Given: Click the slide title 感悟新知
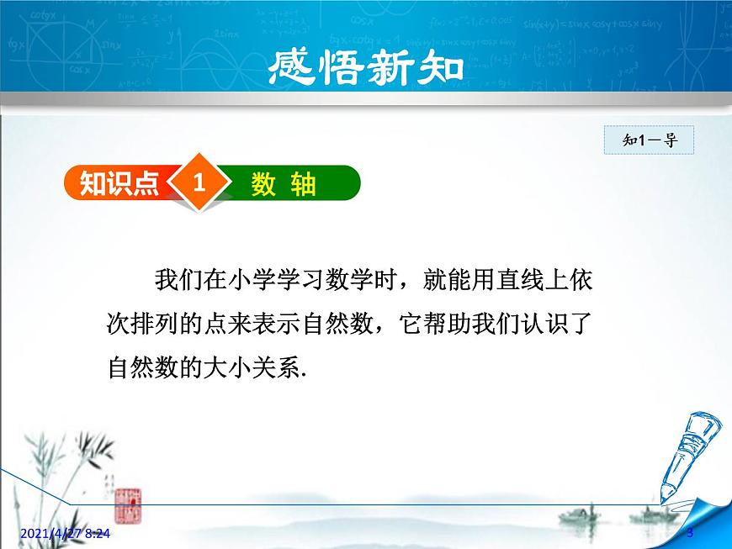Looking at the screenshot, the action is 366,67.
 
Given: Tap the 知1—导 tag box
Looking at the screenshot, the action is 649,140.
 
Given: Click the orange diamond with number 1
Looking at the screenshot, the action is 199,182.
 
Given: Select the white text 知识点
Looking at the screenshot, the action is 119,182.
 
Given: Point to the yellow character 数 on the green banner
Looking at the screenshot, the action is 263,184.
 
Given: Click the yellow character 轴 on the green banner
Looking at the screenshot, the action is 304,184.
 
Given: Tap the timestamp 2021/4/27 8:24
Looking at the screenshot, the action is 66,533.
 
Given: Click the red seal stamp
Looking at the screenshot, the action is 128,505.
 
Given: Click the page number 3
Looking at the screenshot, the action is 690,533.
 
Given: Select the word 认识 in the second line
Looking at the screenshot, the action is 544,324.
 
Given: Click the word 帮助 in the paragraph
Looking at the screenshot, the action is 448,324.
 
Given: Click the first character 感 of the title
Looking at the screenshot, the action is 290,67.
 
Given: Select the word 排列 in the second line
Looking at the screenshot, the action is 155,324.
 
